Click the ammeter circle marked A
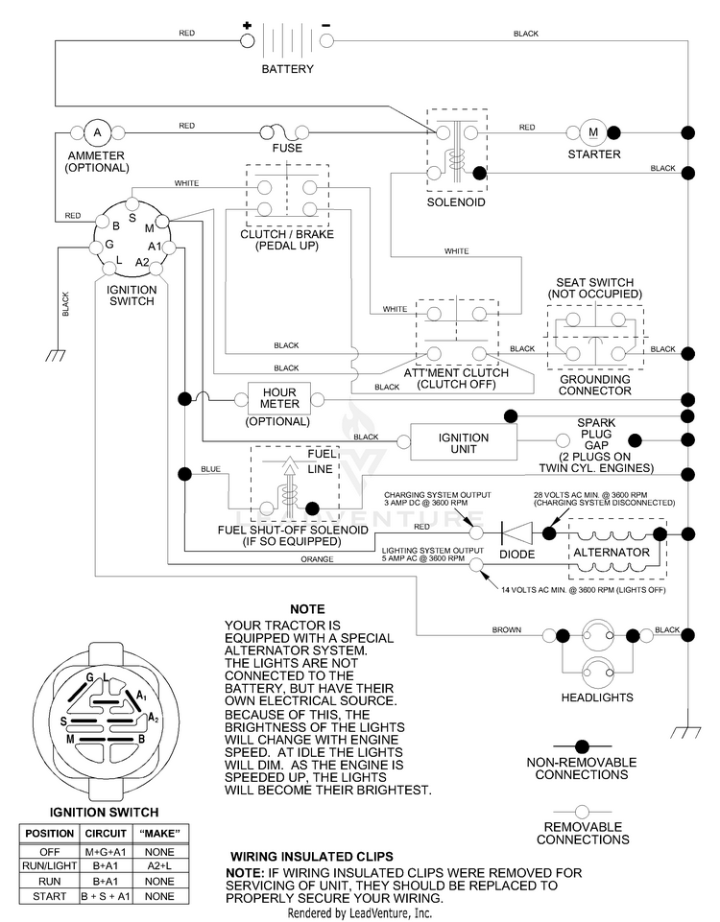click(98, 132)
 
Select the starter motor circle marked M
click(593, 132)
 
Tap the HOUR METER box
click(278, 399)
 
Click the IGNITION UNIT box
click(464, 442)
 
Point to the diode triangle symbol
click(516, 533)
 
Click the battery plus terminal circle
click(248, 40)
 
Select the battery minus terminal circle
click(326, 40)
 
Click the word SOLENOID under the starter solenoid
click(456, 202)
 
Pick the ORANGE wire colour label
click(317, 559)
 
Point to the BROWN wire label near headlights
click(507, 629)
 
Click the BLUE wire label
click(210, 468)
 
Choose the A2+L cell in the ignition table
click(159, 865)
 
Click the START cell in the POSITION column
click(49, 897)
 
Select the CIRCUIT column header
click(106, 833)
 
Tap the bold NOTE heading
click(307, 609)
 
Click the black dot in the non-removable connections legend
click(582, 746)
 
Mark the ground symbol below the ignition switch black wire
click(56, 355)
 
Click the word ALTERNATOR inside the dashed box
click(612, 552)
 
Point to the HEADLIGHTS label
click(597, 697)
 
